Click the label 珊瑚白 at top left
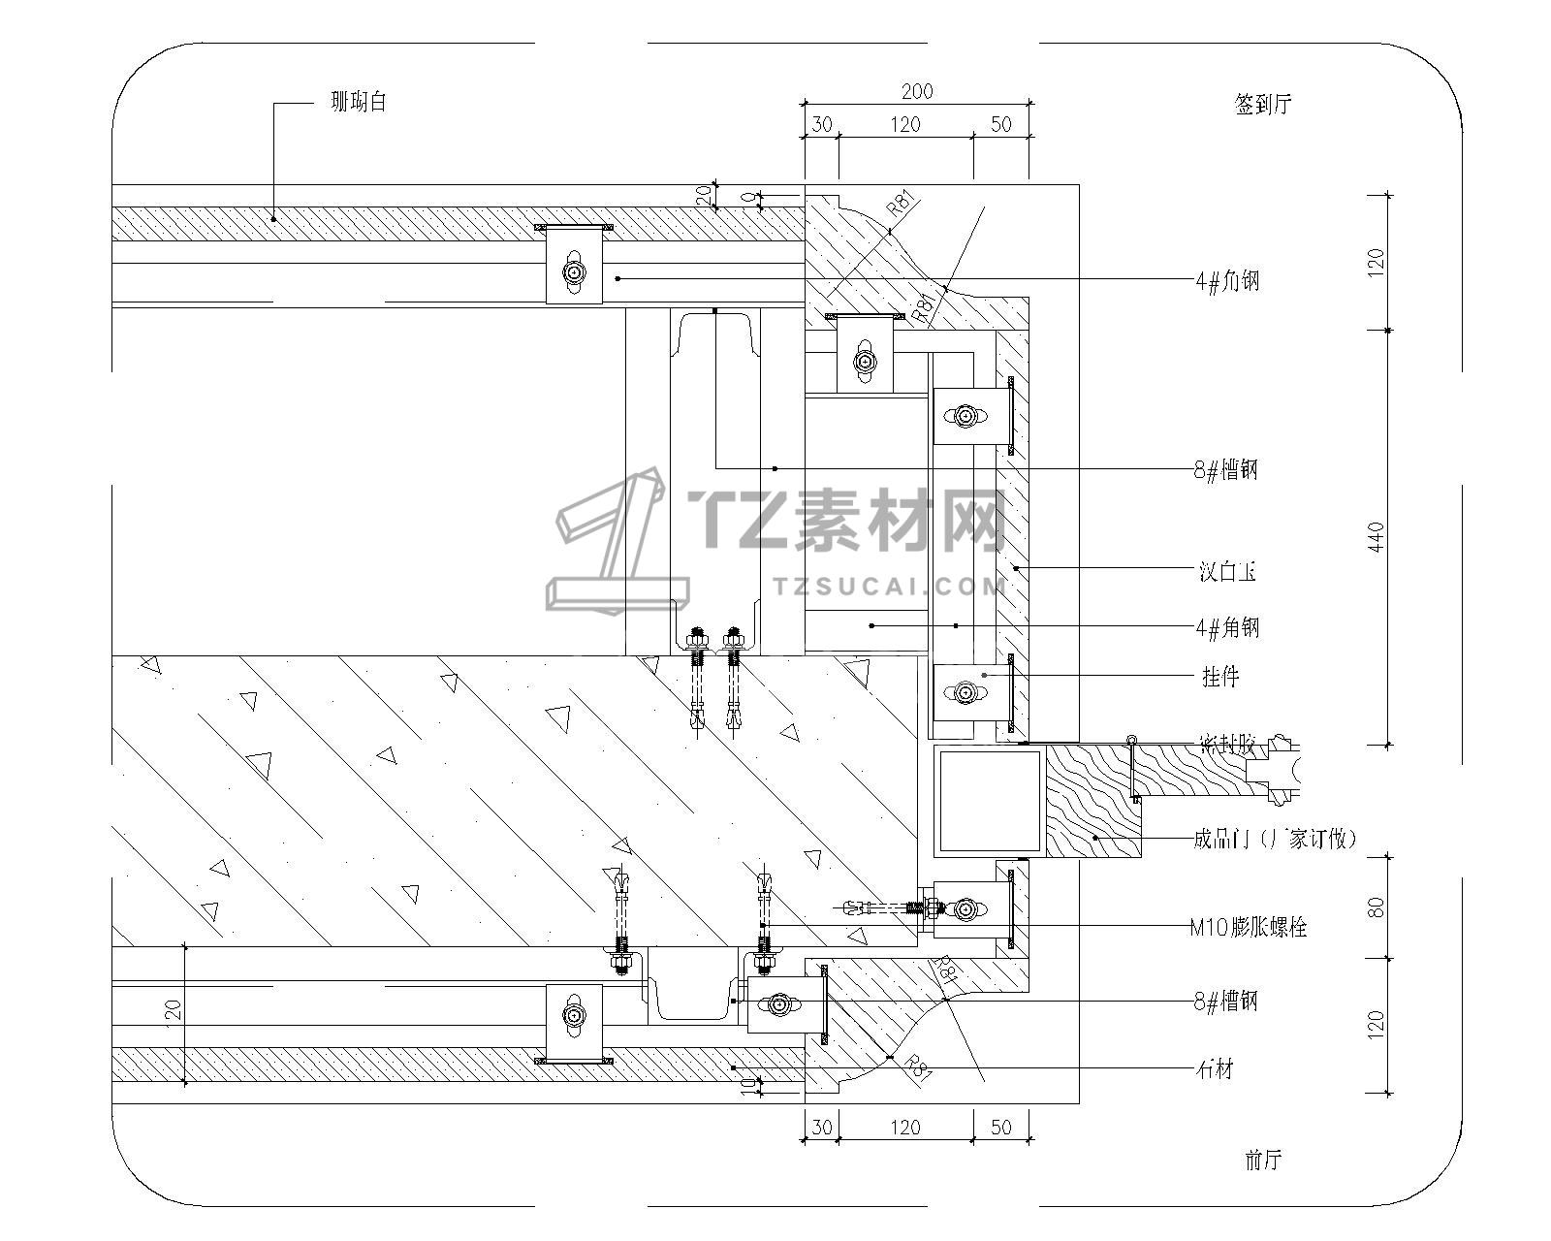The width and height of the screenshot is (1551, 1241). pos(359,102)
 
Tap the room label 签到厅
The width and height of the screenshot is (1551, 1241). pos(1263,105)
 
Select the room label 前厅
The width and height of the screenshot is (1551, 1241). pos(1263,1160)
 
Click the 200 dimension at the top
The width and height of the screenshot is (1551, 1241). pos(917,92)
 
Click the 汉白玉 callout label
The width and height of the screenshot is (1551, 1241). pos(1227,572)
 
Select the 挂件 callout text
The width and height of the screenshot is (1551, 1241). pos(1220,676)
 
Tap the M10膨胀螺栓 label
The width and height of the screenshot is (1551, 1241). pos(1249,927)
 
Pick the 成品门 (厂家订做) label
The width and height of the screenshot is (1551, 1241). pos(1275,839)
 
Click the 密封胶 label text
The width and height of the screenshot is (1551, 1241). pos(1227,746)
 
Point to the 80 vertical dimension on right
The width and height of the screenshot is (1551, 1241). pos(1377,907)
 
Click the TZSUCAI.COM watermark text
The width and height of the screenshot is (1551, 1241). pos(890,587)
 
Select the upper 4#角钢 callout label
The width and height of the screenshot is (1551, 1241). pos(1227,281)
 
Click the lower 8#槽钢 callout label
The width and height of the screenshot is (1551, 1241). pos(1226,1001)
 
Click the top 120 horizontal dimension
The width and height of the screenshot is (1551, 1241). pos(904,124)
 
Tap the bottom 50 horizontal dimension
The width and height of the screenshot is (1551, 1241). pos(1001,1128)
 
